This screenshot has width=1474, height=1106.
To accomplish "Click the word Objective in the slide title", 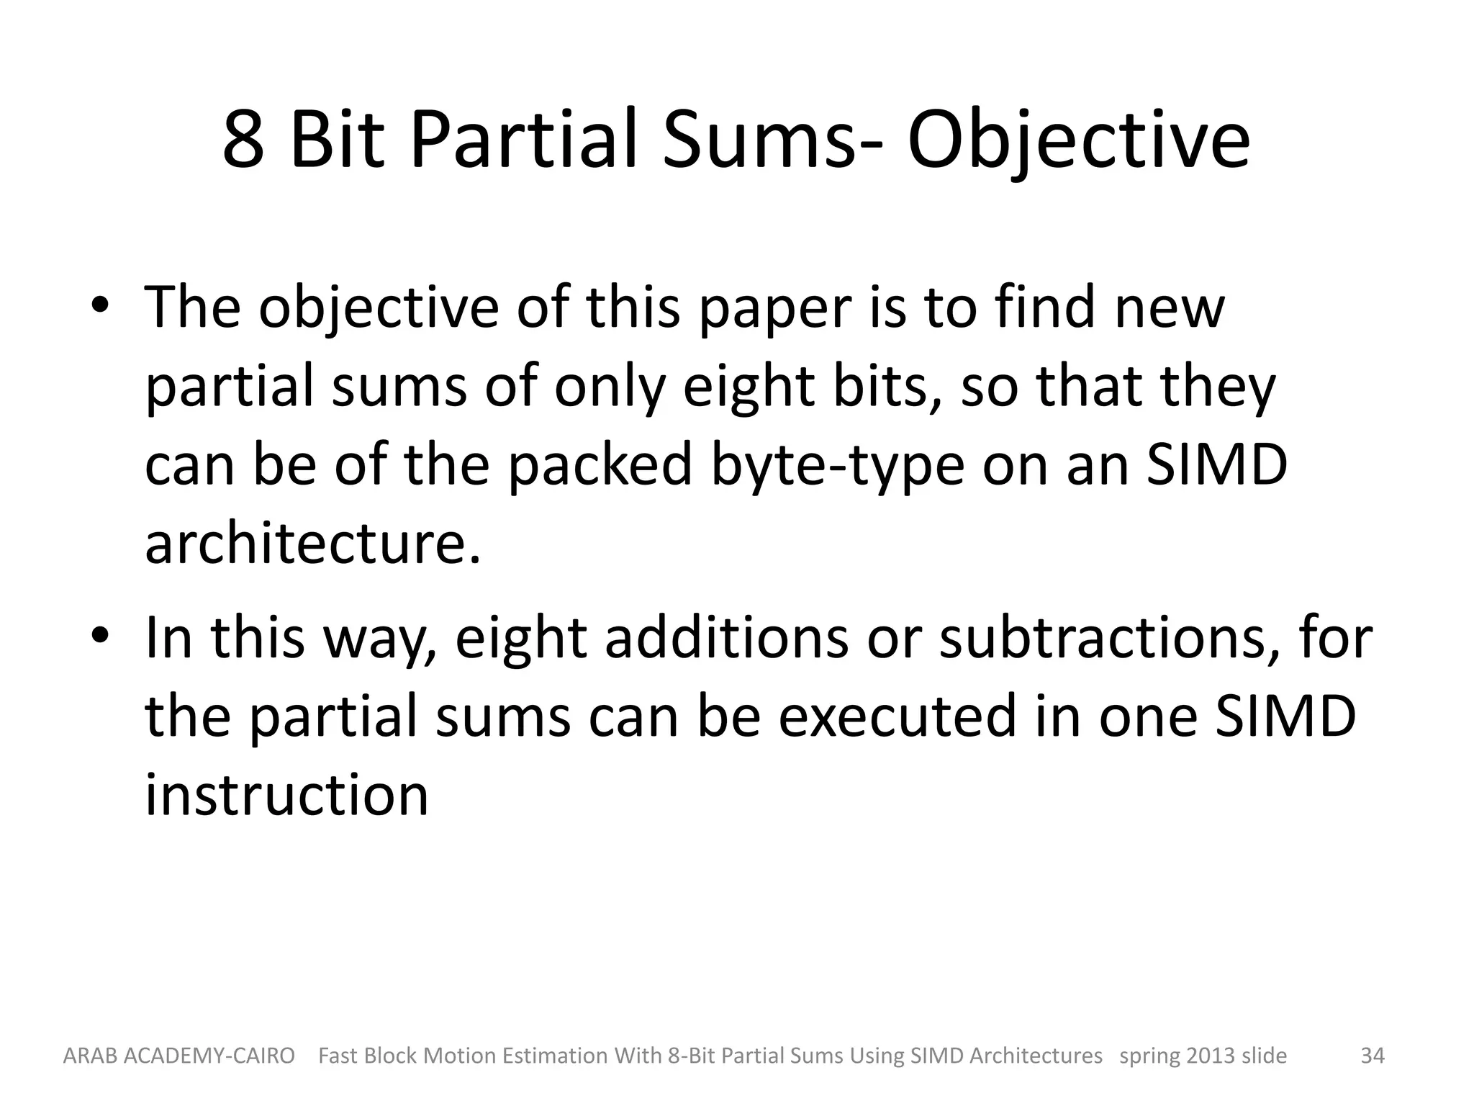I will (x=1078, y=140).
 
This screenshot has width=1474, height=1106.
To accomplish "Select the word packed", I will (x=600, y=467).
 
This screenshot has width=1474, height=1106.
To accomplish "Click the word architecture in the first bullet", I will (x=312, y=544).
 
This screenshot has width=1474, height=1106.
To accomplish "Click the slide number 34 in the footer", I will (x=1372, y=1056).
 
